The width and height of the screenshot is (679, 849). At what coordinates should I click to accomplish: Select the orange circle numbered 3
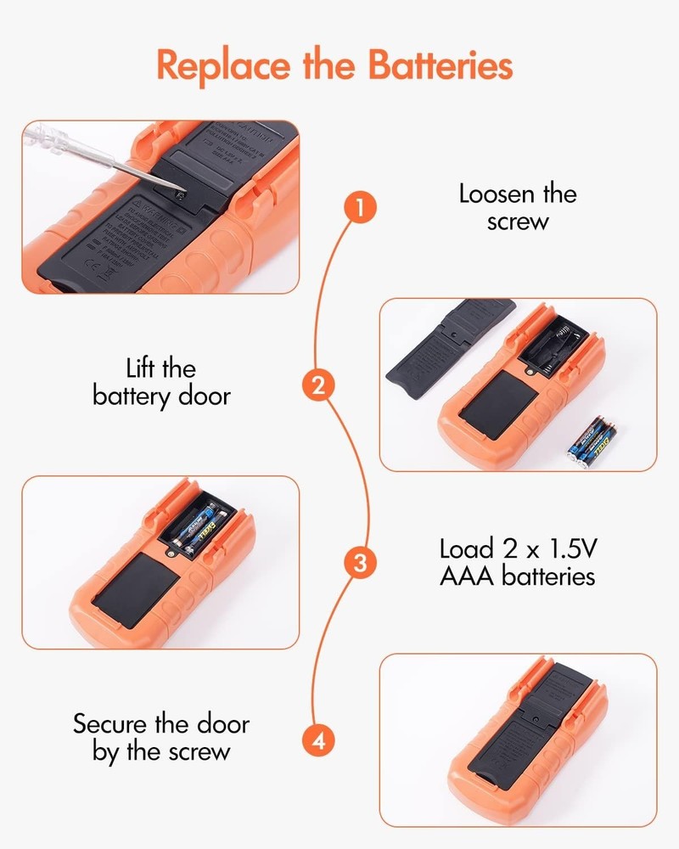pos(360,563)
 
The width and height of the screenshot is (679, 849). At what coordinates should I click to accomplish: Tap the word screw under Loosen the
pos(518,222)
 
